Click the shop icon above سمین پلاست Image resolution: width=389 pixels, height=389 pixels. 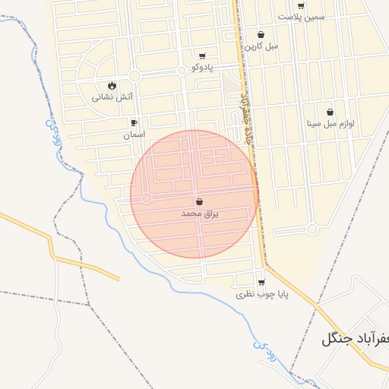tap(301, 6)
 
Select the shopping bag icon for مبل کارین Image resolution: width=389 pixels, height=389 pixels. tap(261, 34)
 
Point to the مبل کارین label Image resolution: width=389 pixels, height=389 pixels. tap(261, 46)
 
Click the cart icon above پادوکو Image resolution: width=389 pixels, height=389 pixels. tap(202, 55)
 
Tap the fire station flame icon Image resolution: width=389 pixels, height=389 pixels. tap(112, 85)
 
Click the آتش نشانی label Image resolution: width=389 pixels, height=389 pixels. tap(112, 96)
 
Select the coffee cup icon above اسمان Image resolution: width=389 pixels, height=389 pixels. tap(134, 122)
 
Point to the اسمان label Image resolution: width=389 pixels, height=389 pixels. tap(134, 134)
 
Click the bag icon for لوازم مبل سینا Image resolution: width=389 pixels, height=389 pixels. tap(330, 112)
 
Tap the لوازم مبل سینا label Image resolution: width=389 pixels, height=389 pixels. tap(330, 123)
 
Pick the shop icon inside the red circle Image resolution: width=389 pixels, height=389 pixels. tap(199, 202)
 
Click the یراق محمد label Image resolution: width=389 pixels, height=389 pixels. tap(199, 214)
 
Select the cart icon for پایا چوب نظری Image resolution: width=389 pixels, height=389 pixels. tap(261, 283)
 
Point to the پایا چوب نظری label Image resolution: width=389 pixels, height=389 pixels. tap(261, 294)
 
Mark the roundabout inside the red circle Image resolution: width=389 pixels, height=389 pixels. tap(147, 198)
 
